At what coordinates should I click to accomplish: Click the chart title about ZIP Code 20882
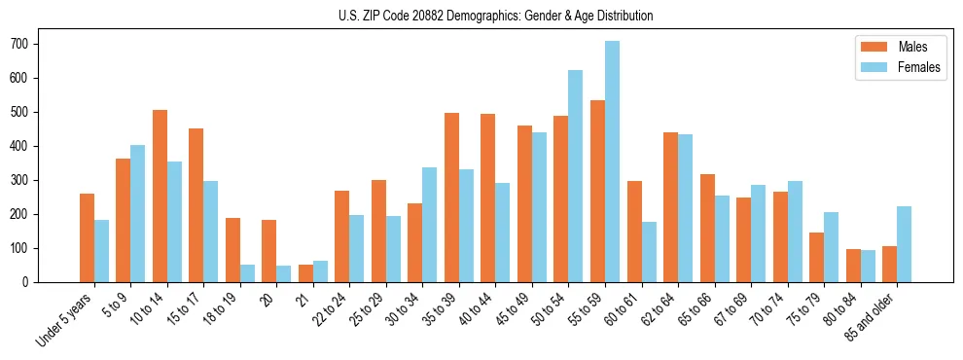[481, 16]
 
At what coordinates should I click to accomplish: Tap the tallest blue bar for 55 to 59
[612, 162]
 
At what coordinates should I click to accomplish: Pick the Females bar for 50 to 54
[575, 176]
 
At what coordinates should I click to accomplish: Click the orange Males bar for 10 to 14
[160, 196]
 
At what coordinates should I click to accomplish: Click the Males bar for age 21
[305, 273]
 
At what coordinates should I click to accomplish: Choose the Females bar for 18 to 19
[247, 273]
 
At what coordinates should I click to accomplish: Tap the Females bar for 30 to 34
[429, 225]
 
